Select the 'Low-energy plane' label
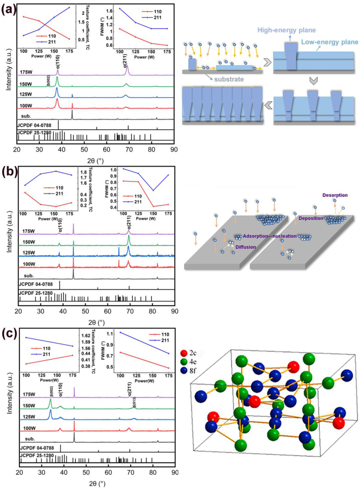pyautogui.click(x=330, y=42)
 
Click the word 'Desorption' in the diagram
pyautogui.click(x=336, y=195)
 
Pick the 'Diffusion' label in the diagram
pyautogui.click(x=246, y=247)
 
